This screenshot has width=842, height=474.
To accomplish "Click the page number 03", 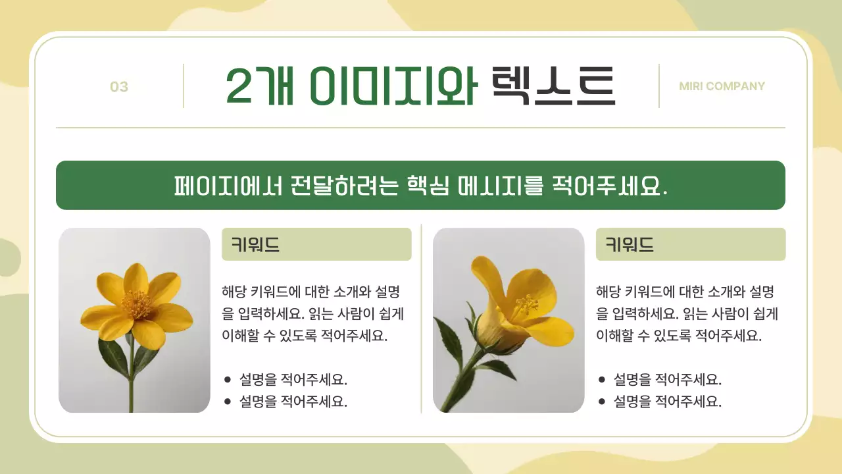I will pyautogui.click(x=119, y=87).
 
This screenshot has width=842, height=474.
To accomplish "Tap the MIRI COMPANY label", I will pyautogui.click(x=722, y=86).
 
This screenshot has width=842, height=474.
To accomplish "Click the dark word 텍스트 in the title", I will pyautogui.click(x=553, y=86).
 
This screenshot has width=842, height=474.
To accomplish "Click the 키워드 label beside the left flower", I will pyautogui.click(x=255, y=245).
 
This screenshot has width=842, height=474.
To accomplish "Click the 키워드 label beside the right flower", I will pyautogui.click(x=630, y=245).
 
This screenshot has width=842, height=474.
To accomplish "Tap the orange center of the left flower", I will pyautogui.click(x=137, y=305).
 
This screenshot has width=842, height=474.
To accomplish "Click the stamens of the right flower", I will pyautogui.click(x=526, y=304).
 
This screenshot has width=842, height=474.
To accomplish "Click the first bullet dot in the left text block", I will pyautogui.click(x=228, y=380).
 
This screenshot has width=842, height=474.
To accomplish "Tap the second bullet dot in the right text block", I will pyautogui.click(x=602, y=402).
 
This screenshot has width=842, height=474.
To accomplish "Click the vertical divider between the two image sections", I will pyautogui.click(x=421, y=319).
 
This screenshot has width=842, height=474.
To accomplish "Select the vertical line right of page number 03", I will pyautogui.click(x=184, y=86).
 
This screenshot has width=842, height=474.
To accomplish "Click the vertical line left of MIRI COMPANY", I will pyautogui.click(x=659, y=86).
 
